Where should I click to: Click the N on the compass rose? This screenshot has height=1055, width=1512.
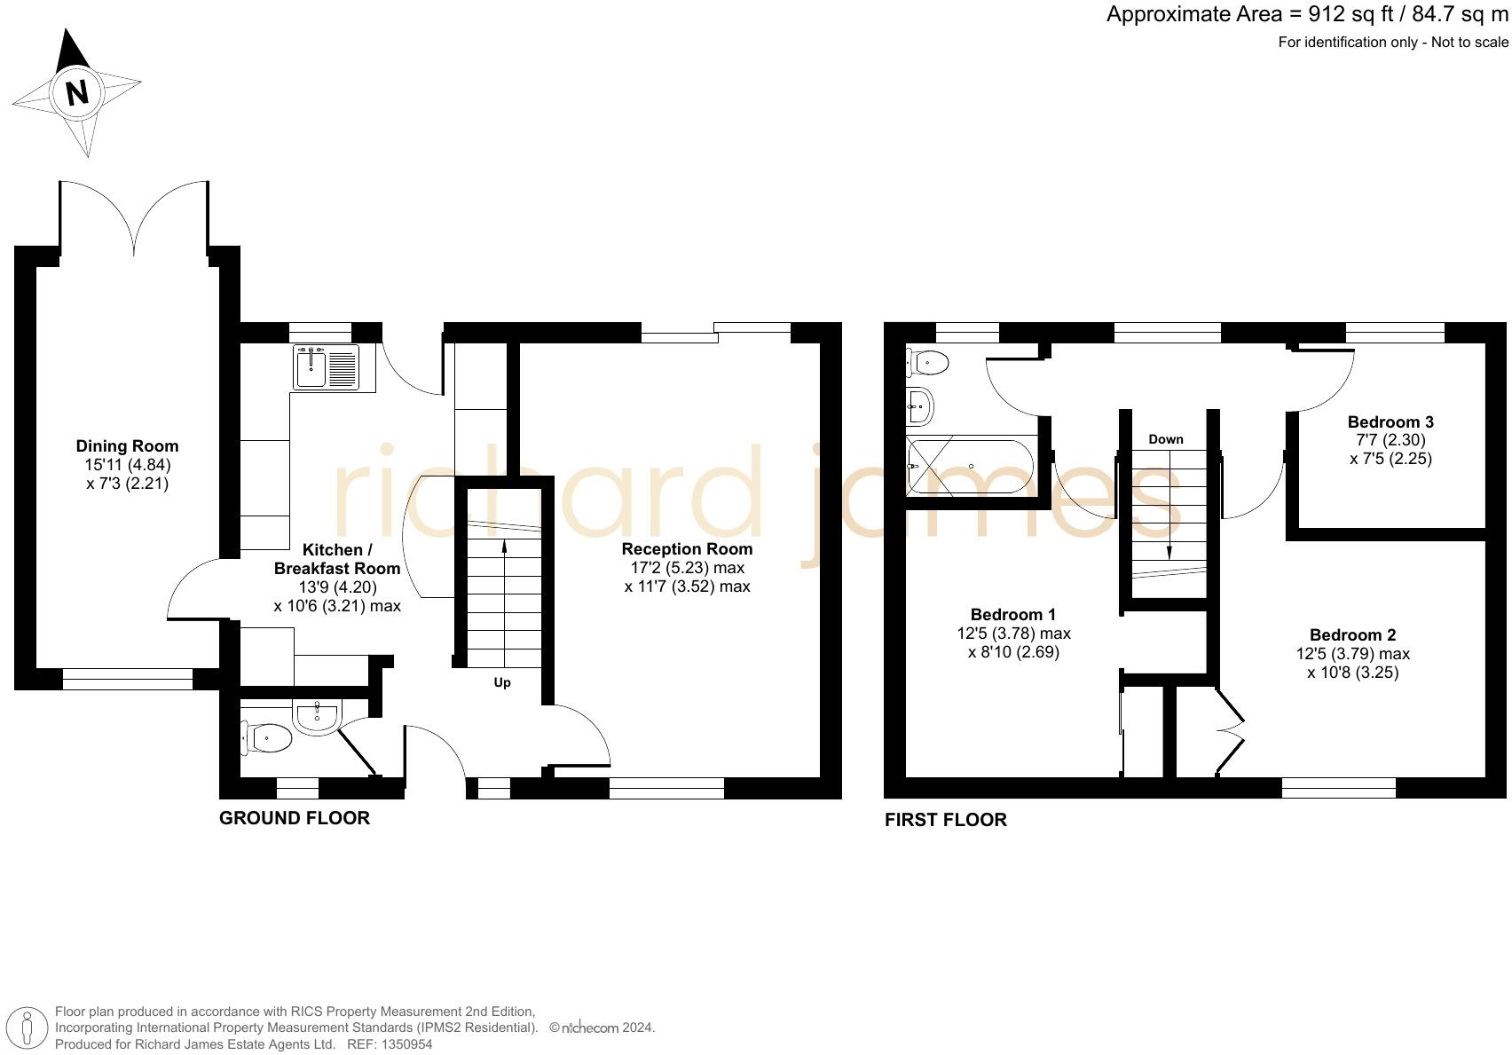pyautogui.click(x=77, y=92)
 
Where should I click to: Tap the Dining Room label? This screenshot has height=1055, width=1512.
pyautogui.click(x=127, y=446)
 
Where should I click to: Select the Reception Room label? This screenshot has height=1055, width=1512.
pyautogui.click(x=687, y=549)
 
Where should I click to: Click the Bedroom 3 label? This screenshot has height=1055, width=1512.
pyautogui.click(x=1390, y=422)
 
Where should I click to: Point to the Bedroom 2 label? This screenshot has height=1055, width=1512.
pyautogui.click(x=1352, y=635)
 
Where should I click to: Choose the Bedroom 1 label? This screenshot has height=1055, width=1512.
pyautogui.click(x=1013, y=615)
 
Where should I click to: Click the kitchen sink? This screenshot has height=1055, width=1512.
pyautogui.click(x=325, y=367)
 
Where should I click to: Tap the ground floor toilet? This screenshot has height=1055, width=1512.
pyautogui.click(x=266, y=737)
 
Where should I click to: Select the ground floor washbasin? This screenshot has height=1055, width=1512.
pyautogui.click(x=317, y=715)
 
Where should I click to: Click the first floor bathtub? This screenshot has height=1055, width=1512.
pyautogui.click(x=969, y=466)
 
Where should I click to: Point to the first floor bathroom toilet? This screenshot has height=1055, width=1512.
pyautogui.click(x=927, y=362)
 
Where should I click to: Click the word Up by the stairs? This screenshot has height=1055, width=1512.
pyautogui.click(x=502, y=682)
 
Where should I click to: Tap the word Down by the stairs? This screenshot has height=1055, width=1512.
pyautogui.click(x=1165, y=439)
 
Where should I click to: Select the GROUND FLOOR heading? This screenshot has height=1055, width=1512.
pyautogui.click(x=294, y=818)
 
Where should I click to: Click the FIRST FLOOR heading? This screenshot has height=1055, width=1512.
pyautogui.click(x=945, y=820)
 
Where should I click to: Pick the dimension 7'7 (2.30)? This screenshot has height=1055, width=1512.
pyautogui.click(x=1390, y=440)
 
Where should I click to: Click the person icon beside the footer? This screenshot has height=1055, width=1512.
pyautogui.click(x=28, y=1027)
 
